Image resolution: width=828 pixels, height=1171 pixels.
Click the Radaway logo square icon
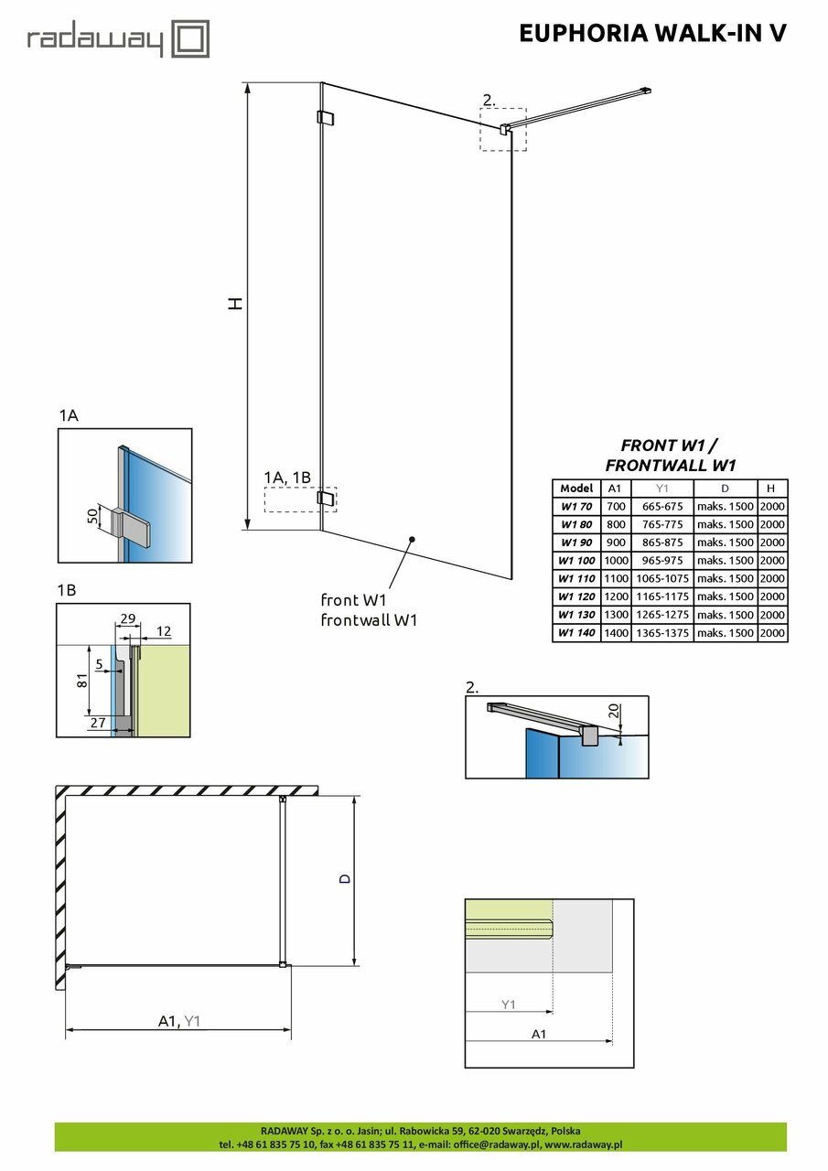point(192,39)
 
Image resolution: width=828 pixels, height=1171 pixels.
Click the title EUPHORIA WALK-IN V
point(652,34)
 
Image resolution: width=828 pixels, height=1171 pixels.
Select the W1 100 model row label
point(576,560)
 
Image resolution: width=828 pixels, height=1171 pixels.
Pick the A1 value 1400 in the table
point(616,633)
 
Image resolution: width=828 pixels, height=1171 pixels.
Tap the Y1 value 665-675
point(661,506)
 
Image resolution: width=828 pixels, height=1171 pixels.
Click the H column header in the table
point(772,489)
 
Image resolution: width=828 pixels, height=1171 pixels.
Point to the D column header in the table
point(725,489)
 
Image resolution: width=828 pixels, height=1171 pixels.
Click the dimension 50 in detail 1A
point(91,517)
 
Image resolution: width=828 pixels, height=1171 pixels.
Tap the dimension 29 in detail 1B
point(127,619)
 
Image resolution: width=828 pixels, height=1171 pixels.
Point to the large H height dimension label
point(236,304)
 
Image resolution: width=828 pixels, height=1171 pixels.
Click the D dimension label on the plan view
point(344,878)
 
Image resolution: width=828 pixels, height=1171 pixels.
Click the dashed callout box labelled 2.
point(503,128)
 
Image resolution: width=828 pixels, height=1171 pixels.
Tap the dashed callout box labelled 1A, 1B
point(299,500)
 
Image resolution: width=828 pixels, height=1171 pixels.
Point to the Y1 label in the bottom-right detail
point(509,1004)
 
